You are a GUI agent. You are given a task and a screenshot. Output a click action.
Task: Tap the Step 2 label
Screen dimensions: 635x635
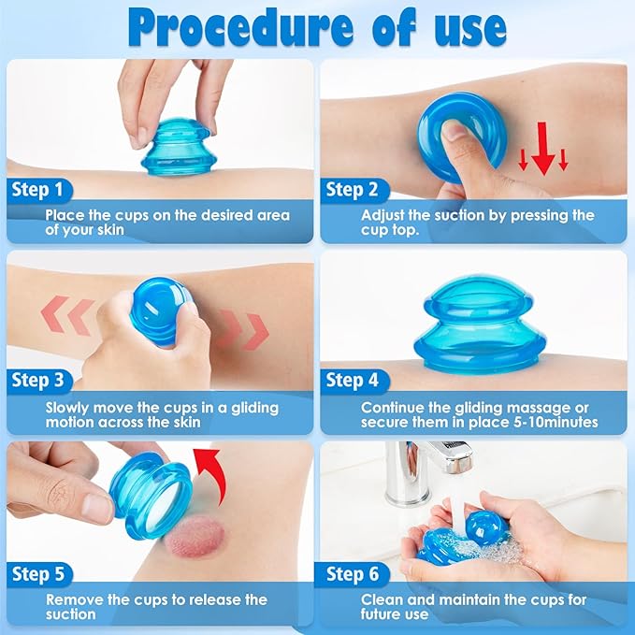point(352,191)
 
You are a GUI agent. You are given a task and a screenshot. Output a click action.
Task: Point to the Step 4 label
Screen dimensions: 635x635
point(352,381)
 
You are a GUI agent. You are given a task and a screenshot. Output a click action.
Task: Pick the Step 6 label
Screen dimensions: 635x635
point(352,572)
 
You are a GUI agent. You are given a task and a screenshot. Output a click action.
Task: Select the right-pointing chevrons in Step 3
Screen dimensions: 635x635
point(243,327)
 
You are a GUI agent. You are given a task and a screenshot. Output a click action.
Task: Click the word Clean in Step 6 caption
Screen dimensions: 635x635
point(382,599)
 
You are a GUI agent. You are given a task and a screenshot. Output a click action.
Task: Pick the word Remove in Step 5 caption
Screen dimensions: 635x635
point(72,599)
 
